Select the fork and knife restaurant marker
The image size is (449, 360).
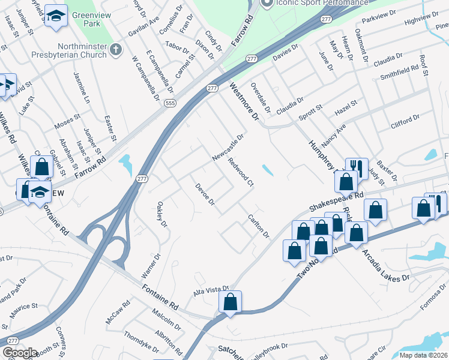pos(357,167)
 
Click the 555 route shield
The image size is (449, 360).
pos(171,103)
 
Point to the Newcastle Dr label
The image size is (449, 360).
pos(228,147)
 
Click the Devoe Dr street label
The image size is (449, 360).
pos(205,193)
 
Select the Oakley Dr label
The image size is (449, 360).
pos(161,214)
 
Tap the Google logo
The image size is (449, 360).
pos(20,353)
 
